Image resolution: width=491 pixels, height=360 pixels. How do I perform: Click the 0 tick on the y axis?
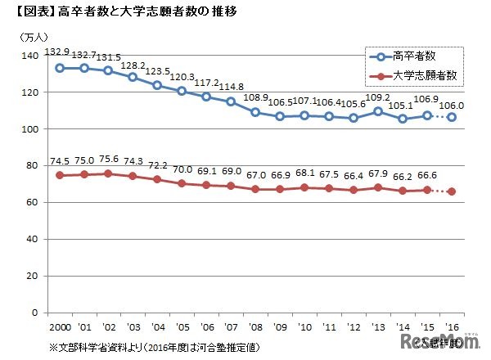pos(35,313)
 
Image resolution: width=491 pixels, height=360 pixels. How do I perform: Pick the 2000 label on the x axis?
pos(60,326)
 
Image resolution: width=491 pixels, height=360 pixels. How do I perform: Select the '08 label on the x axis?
pos(255,326)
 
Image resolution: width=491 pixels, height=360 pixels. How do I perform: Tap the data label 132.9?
pos(64,50)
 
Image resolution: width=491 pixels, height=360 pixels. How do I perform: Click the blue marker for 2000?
pos(60,68)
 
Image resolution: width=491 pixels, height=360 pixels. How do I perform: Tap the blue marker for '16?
pos(451,117)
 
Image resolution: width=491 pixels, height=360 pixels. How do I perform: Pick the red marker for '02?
pos(109,173)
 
